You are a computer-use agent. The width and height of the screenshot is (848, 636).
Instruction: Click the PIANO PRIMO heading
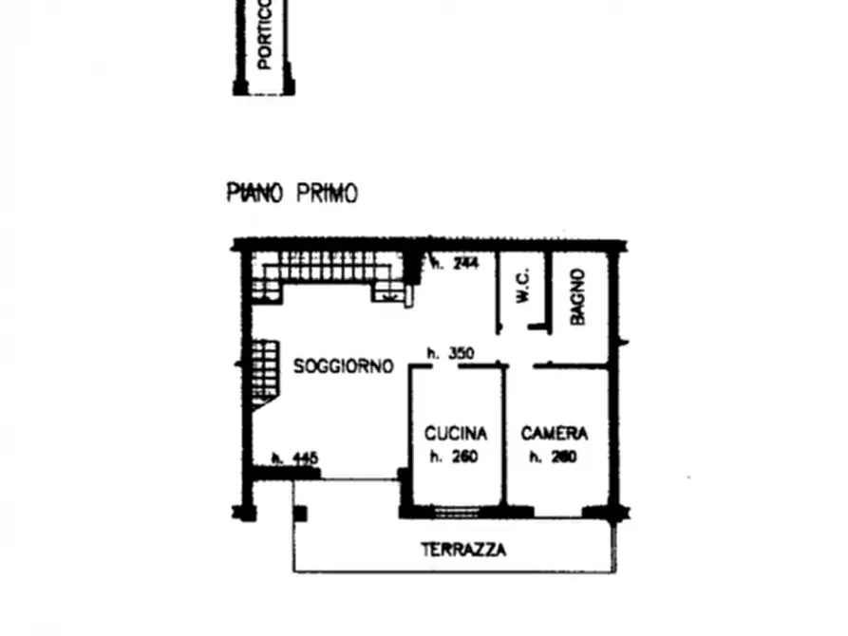[292, 194]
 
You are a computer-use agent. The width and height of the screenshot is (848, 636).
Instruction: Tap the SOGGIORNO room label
[343, 366]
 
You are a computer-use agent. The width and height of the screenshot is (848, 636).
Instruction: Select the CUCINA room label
[456, 434]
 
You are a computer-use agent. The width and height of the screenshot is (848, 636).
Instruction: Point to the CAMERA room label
[555, 434]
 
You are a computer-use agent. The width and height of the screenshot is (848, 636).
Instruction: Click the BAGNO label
[577, 296]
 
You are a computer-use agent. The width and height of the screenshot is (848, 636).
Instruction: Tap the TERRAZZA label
[463, 550]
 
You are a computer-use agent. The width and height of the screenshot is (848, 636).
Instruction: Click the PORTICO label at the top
[265, 34]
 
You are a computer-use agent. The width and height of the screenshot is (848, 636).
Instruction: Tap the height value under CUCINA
[453, 457]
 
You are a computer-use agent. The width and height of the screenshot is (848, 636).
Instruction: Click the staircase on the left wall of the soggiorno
[263, 372]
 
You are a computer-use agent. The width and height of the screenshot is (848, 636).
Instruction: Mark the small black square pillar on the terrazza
[300, 514]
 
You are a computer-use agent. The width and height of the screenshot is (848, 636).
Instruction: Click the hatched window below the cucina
[454, 512]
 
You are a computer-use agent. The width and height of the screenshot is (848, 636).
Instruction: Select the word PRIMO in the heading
[328, 194]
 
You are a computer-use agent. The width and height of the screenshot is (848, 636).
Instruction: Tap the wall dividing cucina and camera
[504, 437]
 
